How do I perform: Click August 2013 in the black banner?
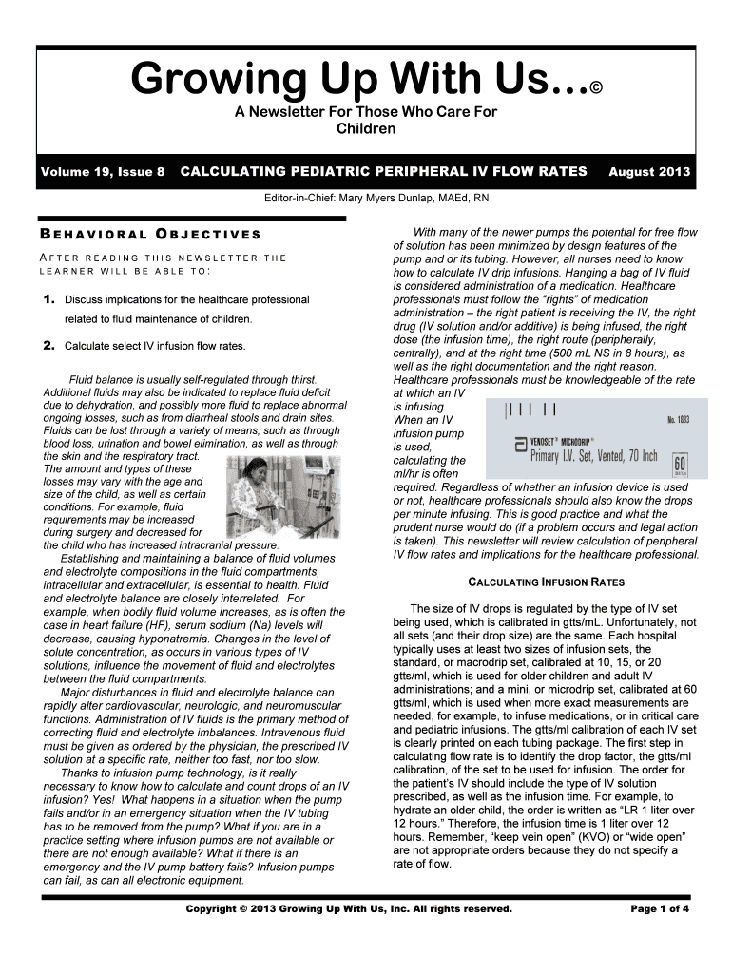point(649,172)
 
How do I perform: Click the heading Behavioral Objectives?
point(150,234)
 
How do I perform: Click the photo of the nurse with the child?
point(277,497)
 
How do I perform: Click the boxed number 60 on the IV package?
point(679,465)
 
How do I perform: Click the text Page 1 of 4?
point(660,908)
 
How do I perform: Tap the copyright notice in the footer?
point(349,908)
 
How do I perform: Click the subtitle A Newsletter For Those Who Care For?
point(366,113)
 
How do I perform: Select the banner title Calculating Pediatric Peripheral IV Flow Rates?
point(384,172)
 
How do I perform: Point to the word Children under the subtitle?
point(366,128)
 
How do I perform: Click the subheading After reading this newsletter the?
point(163,258)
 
